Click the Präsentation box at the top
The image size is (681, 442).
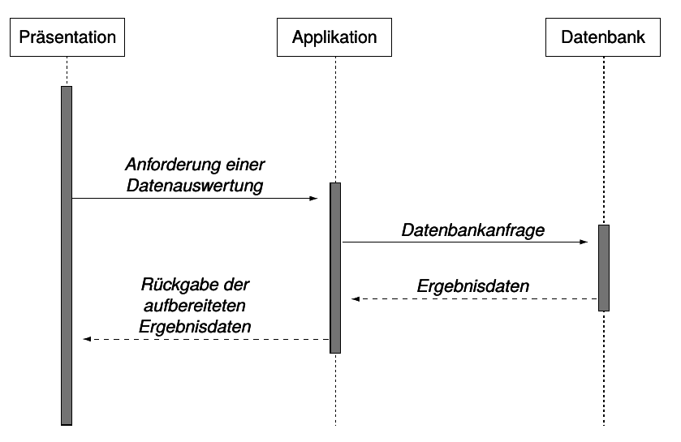pyautogui.click(x=67, y=37)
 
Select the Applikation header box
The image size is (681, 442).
pyautogui.click(x=334, y=37)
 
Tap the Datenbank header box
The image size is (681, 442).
pyautogui.click(x=603, y=37)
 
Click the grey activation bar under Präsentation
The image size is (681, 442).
pyautogui.click(x=67, y=255)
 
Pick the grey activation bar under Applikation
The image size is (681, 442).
pyautogui.click(x=335, y=268)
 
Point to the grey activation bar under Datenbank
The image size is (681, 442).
pyautogui.click(x=604, y=268)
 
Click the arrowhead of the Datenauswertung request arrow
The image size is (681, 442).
pyautogui.click(x=313, y=198)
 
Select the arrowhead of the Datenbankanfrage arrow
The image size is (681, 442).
pyautogui.click(x=584, y=242)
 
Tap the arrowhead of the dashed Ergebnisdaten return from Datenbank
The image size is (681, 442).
pyautogui.click(x=356, y=299)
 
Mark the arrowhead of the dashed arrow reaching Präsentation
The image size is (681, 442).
pyautogui.click(x=87, y=339)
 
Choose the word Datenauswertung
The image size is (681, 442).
pyautogui.click(x=195, y=185)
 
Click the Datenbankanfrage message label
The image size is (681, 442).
pyautogui.click(x=473, y=230)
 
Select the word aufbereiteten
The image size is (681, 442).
pyautogui.click(x=195, y=306)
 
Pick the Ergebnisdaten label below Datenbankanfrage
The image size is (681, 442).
pyautogui.click(x=473, y=286)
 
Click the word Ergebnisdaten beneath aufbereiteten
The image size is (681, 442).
pyautogui.click(x=195, y=326)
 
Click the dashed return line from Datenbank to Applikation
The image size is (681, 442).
pyautogui.click(x=474, y=299)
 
